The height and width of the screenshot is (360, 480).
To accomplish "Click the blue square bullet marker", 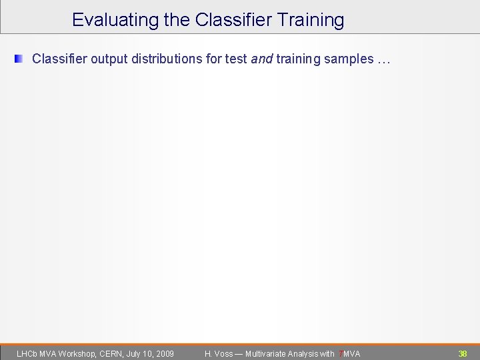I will coord(19,59).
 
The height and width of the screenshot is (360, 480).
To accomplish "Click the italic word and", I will coord(261,59).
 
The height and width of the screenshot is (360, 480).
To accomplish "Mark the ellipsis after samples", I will coord(383,59).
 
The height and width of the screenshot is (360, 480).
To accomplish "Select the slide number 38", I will coord(463,353).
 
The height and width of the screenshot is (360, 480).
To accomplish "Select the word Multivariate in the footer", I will coord(267,353).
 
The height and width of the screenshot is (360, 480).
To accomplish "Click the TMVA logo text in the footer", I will coord(350,353).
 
